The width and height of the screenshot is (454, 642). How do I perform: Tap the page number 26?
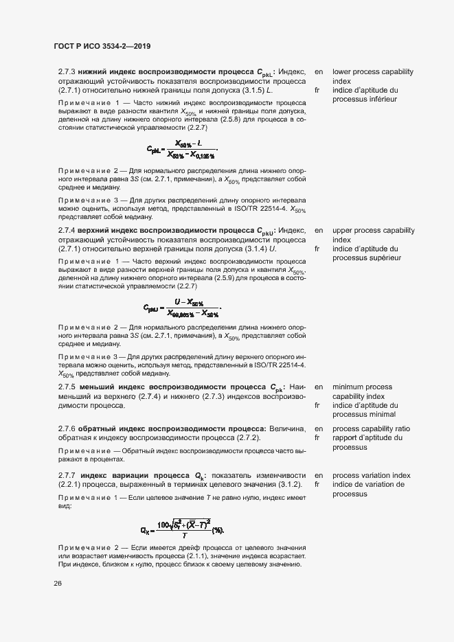[x=58, y=583]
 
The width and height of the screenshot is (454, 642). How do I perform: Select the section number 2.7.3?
[x=67, y=71]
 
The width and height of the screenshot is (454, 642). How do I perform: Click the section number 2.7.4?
[x=67, y=231]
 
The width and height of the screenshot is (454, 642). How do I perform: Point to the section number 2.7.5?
[x=67, y=387]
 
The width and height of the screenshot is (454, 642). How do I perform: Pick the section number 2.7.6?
[x=67, y=428]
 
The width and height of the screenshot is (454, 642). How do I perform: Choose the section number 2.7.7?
[x=67, y=475]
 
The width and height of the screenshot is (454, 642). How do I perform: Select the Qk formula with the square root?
[x=182, y=527]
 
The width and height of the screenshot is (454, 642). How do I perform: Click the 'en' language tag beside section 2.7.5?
[x=319, y=387]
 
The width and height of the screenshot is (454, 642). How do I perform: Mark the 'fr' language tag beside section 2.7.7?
[x=318, y=485]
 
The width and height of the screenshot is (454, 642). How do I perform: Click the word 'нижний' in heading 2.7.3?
[x=91, y=71]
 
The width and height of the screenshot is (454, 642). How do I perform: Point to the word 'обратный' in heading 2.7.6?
[x=97, y=428]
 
